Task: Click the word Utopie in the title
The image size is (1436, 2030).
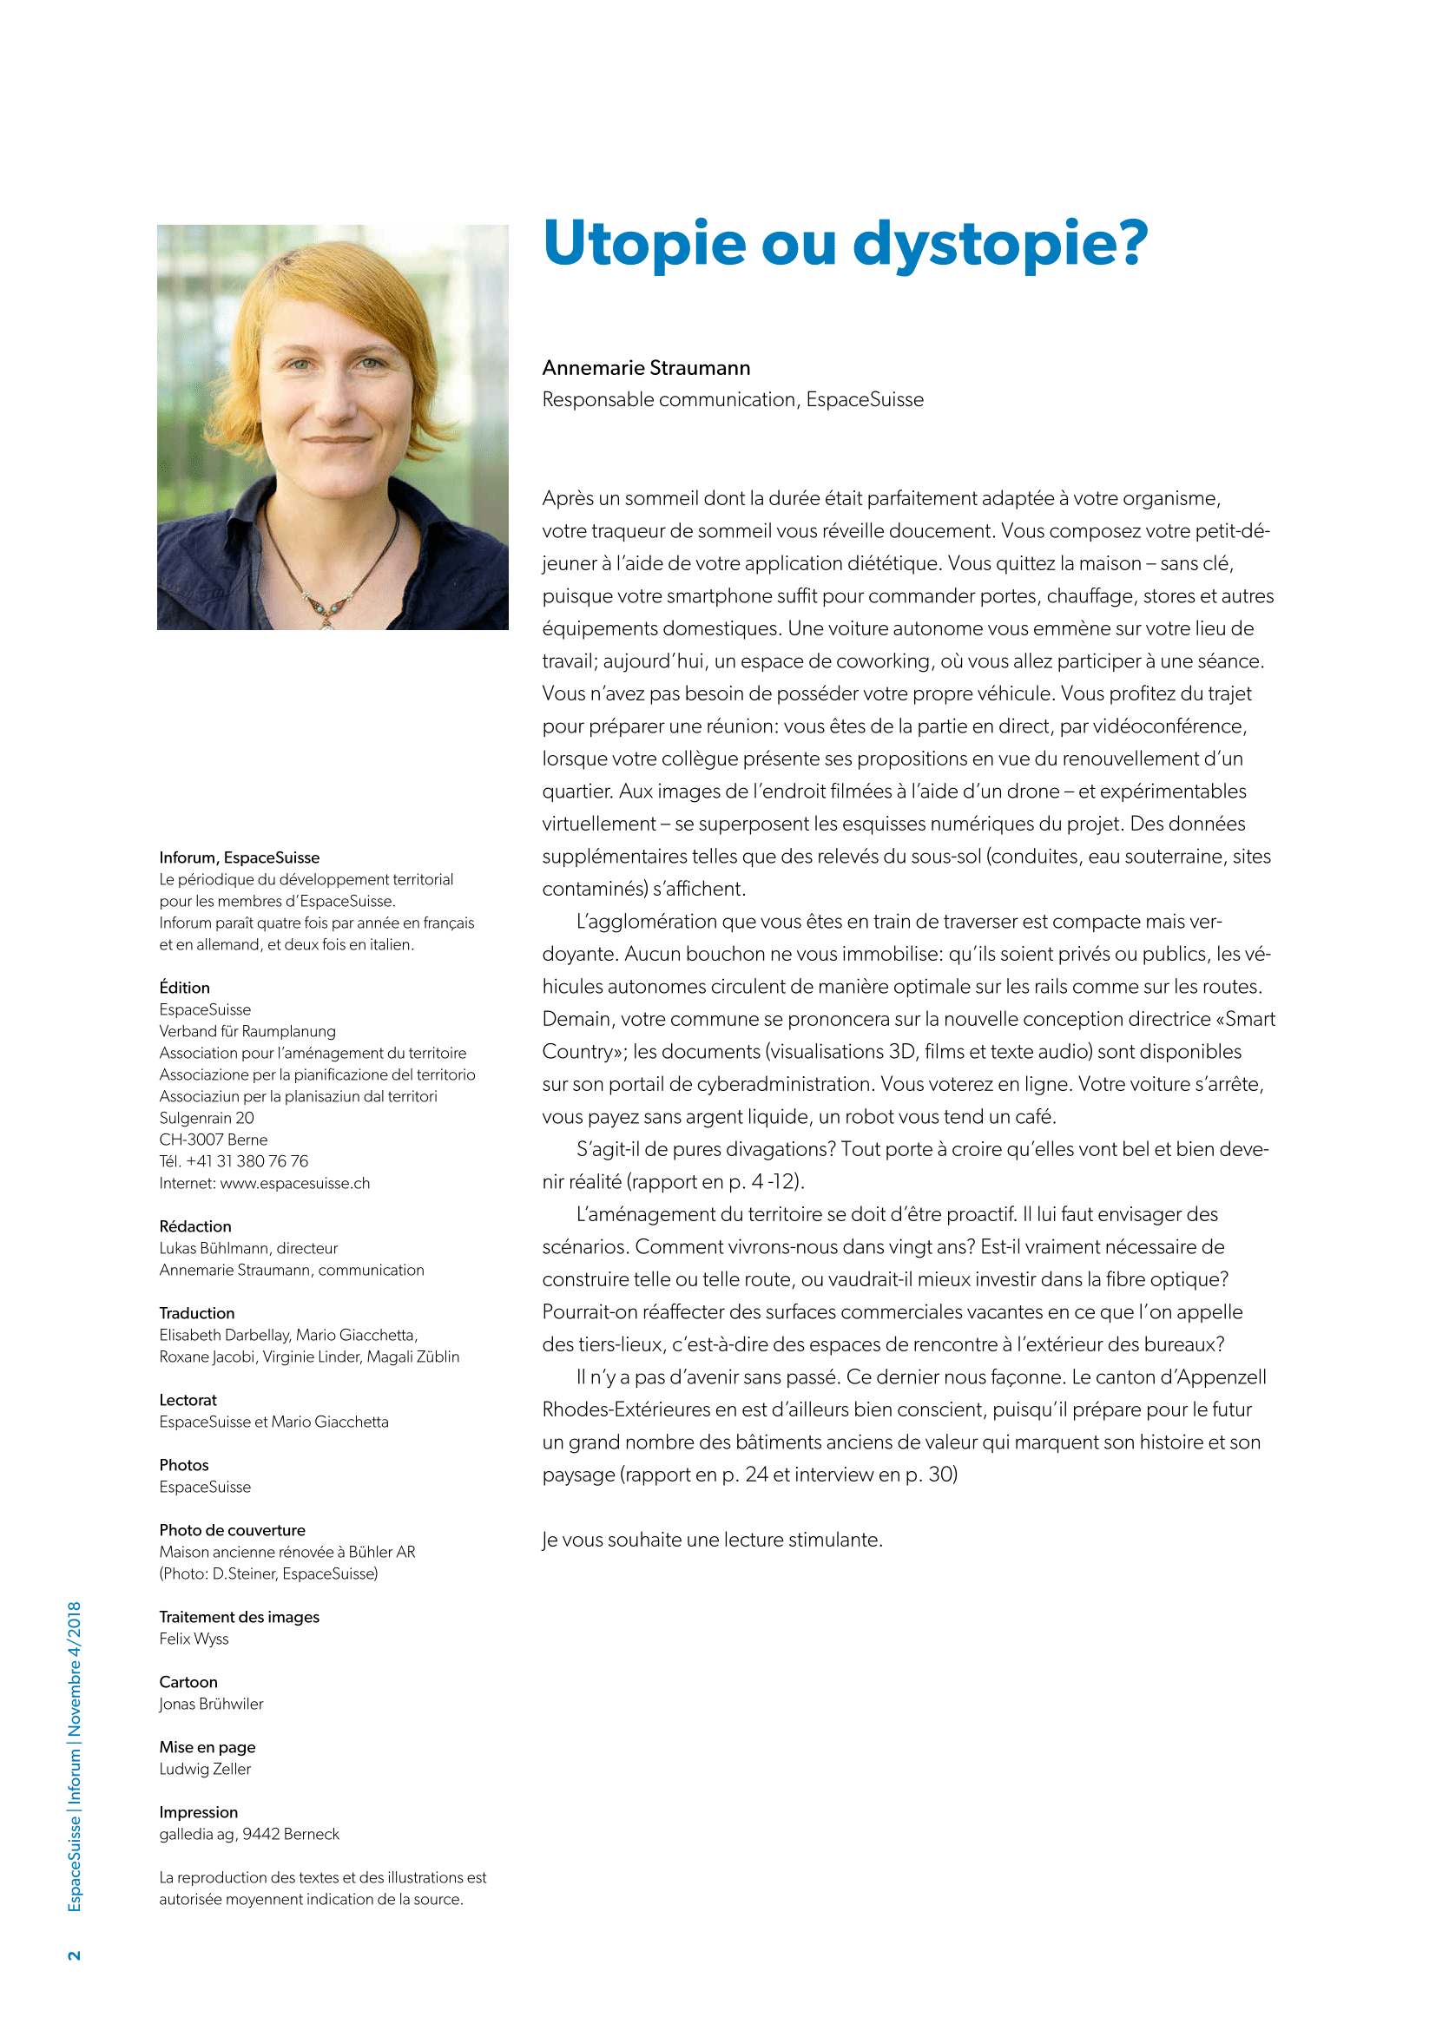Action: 643,244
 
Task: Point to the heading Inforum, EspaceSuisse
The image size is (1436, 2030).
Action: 239,857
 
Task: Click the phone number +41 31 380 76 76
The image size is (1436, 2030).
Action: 247,1161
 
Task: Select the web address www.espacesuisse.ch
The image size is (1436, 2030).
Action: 294,1183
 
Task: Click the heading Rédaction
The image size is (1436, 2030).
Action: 194,1226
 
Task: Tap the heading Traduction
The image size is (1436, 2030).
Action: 196,1313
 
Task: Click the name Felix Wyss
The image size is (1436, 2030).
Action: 194,1639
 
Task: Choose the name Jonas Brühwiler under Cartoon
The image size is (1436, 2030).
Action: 210,1704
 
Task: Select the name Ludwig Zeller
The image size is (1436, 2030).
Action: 204,1768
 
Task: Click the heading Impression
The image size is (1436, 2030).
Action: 198,1811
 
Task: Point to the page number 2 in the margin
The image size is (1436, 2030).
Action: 75,1954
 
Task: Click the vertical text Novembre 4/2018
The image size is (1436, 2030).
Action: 75,1667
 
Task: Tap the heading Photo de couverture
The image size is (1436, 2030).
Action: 232,1529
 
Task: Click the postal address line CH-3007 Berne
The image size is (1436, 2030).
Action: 213,1140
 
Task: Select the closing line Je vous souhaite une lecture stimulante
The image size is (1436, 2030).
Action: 712,1540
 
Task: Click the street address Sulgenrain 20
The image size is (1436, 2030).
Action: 206,1118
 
